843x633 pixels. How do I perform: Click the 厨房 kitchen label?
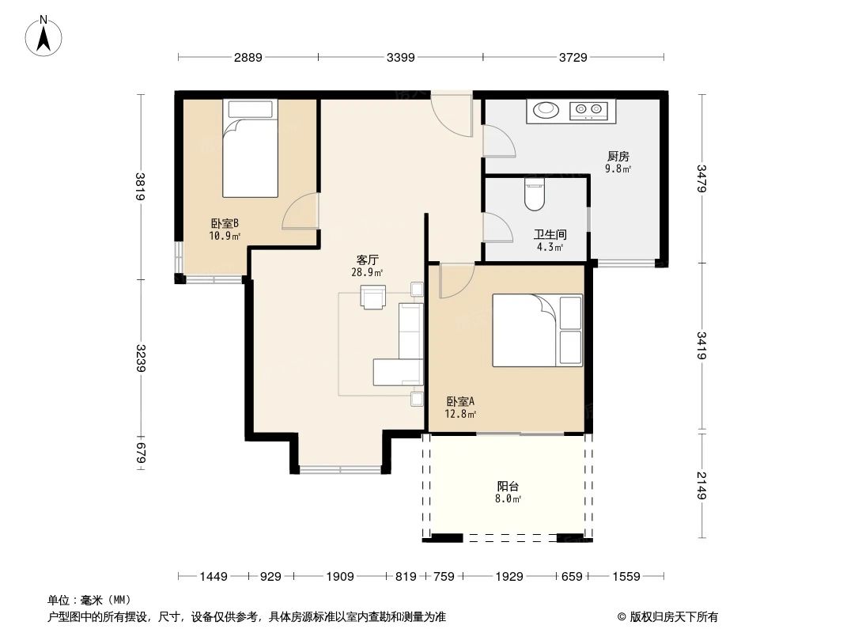coord(618,157)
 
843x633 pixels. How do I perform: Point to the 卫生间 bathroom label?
coord(550,235)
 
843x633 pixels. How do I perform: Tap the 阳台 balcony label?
coord(508,487)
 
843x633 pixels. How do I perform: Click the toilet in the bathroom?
coord(535,195)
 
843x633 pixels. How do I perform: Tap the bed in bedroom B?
coord(250,148)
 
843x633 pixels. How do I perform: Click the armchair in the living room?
coord(372,297)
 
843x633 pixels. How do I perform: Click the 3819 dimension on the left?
coord(140,187)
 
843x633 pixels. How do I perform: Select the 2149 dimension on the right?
coord(701,483)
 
